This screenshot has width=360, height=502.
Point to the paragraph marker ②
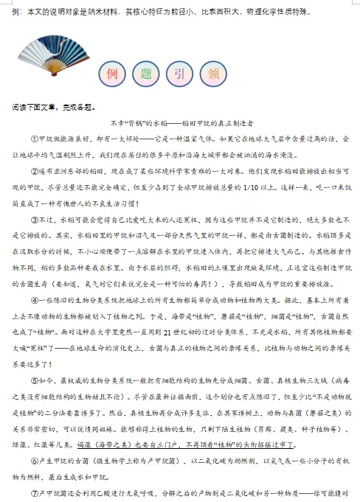coord(34,171)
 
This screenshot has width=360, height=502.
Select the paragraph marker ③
coord(34,220)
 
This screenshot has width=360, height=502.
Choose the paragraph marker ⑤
coord(34,381)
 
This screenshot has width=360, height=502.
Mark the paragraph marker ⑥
coord(34,461)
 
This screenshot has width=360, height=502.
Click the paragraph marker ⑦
coord(34,492)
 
